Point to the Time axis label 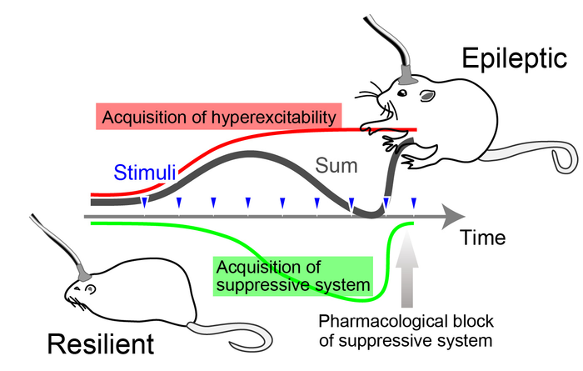click(482, 238)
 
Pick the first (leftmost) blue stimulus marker click(144, 203)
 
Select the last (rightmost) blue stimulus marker click(414, 203)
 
